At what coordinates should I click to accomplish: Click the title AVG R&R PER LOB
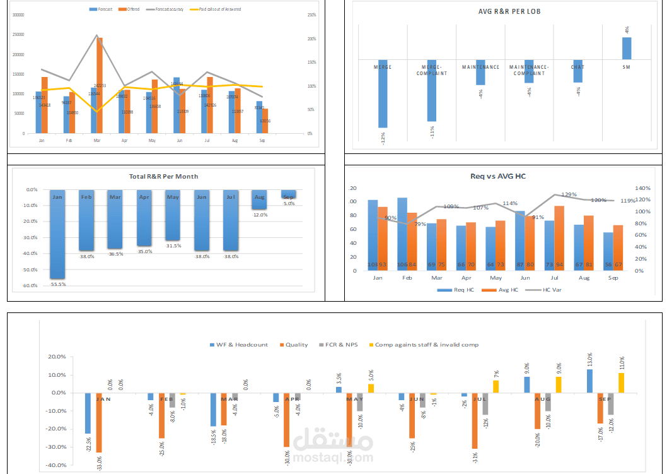[509, 11]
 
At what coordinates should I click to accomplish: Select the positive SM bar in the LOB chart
[626, 48]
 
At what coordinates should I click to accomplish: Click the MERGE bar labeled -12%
[383, 95]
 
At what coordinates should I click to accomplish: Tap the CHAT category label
[577, 67]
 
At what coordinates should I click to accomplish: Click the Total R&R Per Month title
[168, 176]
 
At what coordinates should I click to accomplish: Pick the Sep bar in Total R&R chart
[289, 194]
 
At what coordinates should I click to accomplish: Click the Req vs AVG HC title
[497, 176]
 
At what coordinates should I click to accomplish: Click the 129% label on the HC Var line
[569, 194]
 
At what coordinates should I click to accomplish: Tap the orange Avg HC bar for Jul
[559, 237]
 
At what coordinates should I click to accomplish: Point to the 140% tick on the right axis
[642, 188]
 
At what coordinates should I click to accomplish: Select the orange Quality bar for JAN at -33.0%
[99, 422]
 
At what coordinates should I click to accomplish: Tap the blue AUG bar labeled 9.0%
[527, 384]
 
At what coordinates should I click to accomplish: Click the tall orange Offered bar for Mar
[100, 85]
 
